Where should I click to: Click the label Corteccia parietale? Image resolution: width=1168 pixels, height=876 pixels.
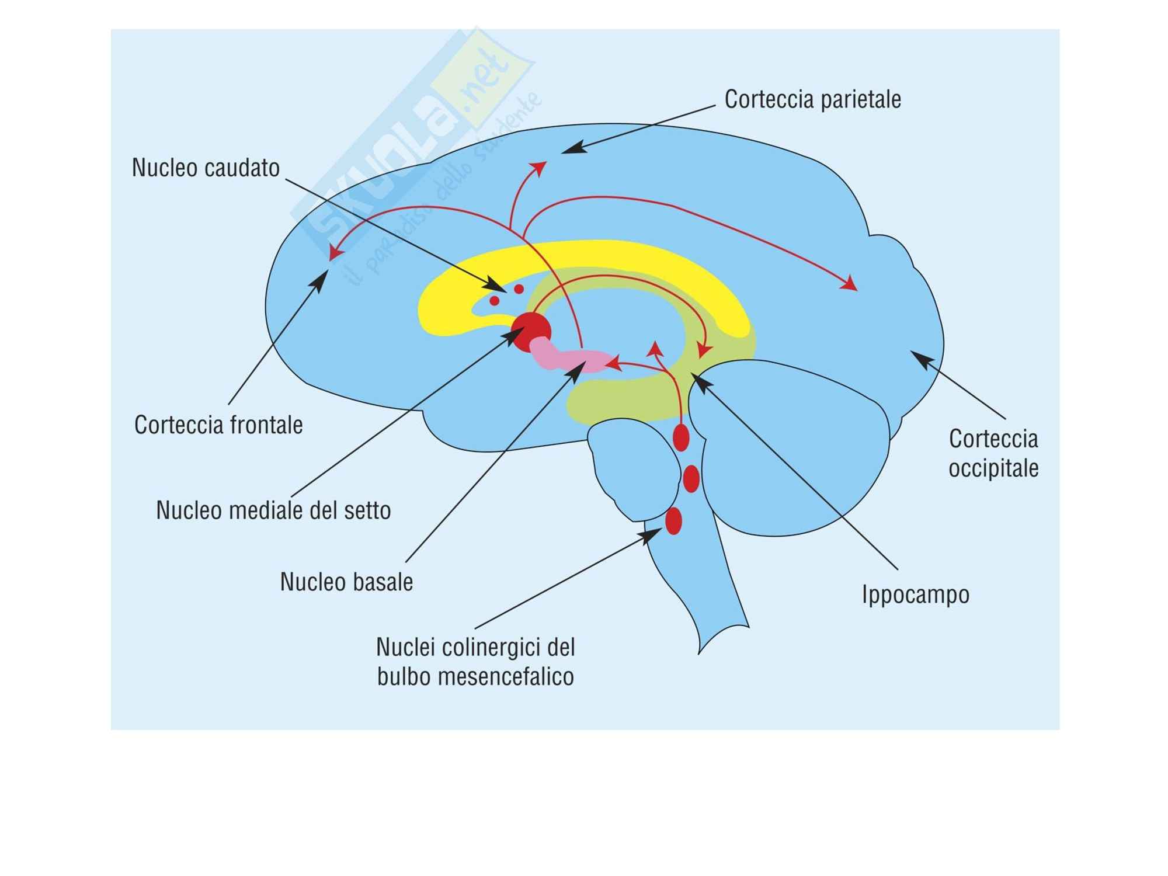[x=812, y=99]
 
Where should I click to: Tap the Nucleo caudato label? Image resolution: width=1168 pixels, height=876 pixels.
[x=206, y=168]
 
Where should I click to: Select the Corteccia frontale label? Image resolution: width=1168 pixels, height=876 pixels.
[x=218, y=425]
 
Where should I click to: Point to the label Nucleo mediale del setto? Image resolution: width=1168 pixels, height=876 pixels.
[x=273, y=510]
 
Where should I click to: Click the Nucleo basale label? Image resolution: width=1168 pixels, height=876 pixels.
[x=346, y=582]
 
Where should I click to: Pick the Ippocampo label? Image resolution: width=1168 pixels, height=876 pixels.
[x=916, y=595]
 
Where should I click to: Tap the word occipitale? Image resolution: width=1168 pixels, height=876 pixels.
[x=993, y=468]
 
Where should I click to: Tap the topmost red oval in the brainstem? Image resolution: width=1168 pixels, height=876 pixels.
[x=681, y=437]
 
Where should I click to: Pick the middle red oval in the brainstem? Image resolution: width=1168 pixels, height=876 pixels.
[x=691, y=479]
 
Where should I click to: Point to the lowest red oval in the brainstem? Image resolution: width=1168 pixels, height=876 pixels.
[x=673, y=521]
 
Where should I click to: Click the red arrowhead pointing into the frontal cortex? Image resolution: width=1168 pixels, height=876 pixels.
[x=333, y=253]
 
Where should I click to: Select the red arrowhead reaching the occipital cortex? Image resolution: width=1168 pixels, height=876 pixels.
[x=850, y=284]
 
